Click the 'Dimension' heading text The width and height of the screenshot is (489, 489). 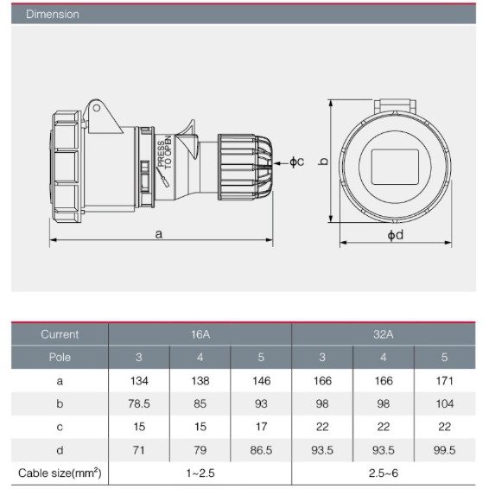(x=53, y=15)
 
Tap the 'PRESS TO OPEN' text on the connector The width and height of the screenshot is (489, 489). (x=165, y=153)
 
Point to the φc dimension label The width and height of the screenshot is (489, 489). (x=296, y=162)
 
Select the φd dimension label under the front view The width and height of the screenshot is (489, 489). (x=395, y=235)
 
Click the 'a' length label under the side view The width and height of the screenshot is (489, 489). (x=159, y=233)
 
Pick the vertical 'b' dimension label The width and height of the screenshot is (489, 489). (x=324, y=161)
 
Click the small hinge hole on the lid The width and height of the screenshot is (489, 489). (x=97, y=108)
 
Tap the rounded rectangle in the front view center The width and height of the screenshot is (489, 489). (x=395, y=167)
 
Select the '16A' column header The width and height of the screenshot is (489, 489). (x=200, y=334)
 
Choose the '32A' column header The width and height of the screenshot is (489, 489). (x=384, y=334)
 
